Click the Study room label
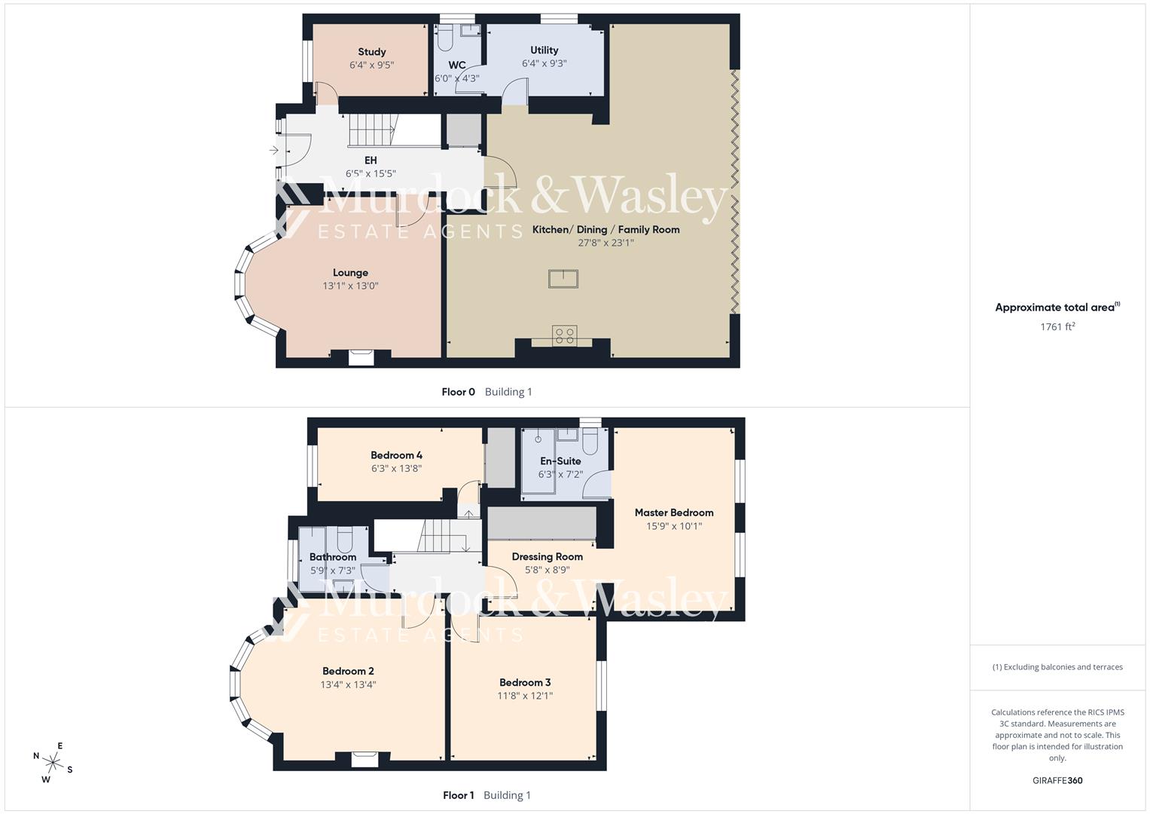point(372,52)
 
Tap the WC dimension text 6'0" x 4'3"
point(456,78)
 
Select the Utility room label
point(544,50)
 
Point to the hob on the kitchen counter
point(565,335)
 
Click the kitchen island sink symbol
point(563,279)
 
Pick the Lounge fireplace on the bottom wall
point(361,357)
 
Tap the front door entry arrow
point(274,151)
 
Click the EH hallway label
point(371,161)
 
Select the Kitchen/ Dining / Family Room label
point(606,230)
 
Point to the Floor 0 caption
point(458,392)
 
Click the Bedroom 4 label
point(396,455)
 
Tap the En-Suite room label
point(560,461)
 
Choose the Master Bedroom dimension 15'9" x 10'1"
point(674,526)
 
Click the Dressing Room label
point(547,557)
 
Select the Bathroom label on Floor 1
point(332,558)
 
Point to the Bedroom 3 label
point(525,683)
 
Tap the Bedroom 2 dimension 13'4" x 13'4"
point(348,685)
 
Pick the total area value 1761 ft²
point(1057,327)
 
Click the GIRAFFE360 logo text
point(1057,781)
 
